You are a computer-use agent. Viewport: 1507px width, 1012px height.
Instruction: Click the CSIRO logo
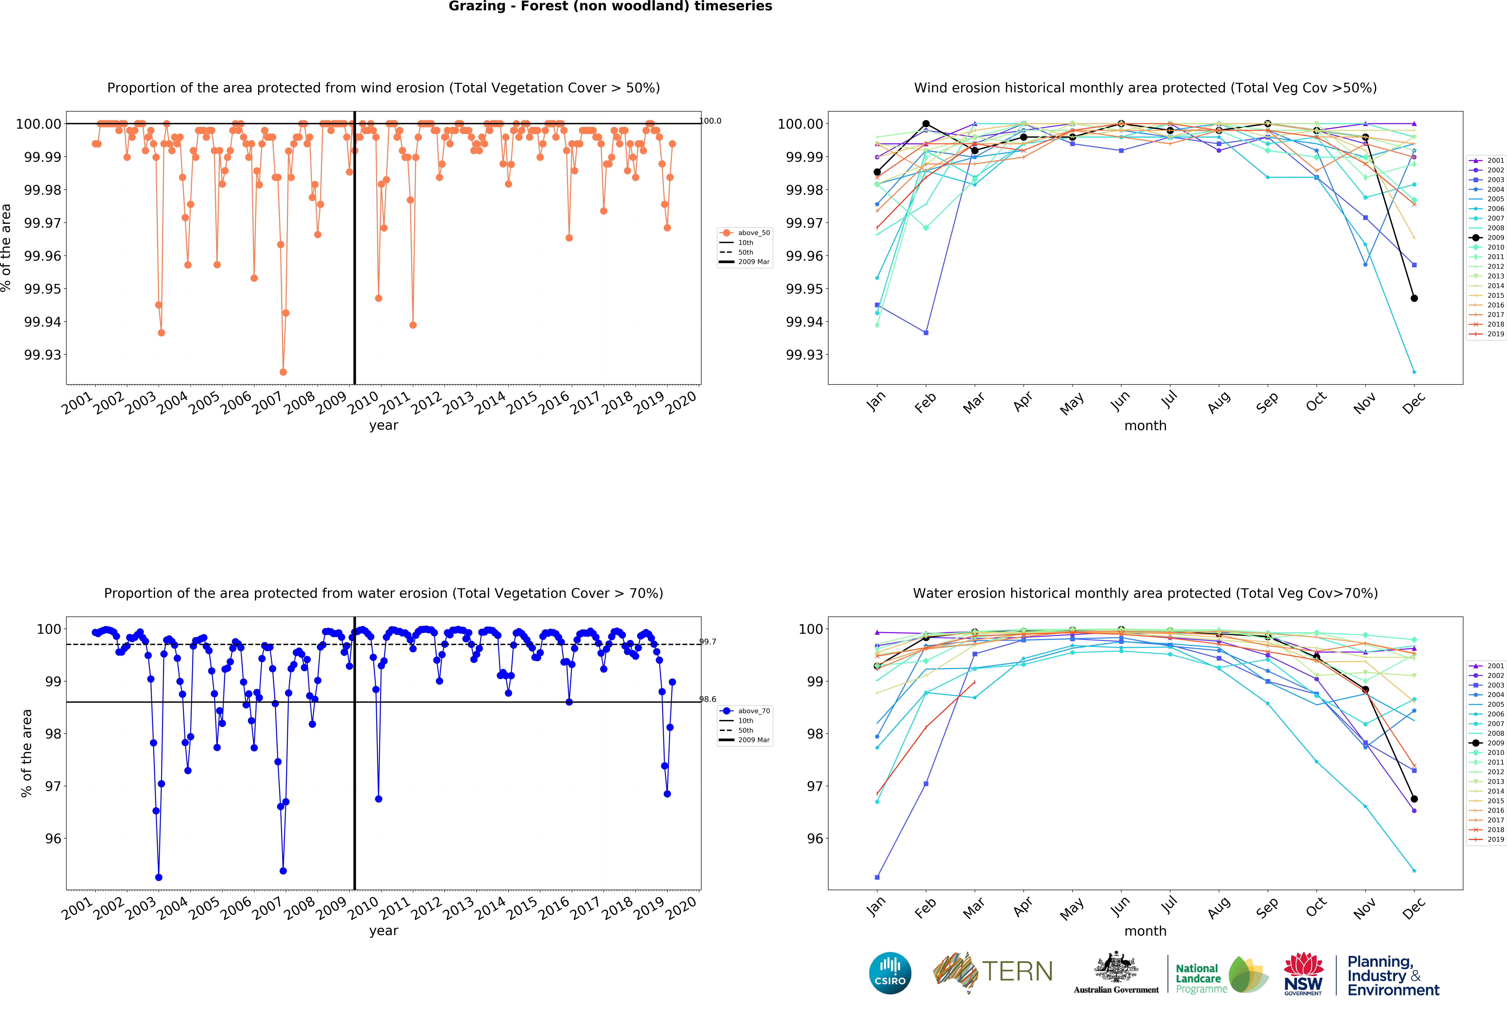[890, 973]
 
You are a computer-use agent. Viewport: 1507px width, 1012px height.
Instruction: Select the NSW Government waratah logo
[1303, 973]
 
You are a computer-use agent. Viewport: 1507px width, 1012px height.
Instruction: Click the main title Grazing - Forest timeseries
[610, 6]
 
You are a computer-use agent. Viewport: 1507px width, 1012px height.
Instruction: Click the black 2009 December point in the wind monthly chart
[1414, 298]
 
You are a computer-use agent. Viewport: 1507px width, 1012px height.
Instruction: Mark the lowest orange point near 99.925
[283, 372]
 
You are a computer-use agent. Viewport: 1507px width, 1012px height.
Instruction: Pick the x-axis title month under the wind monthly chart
[1145, 425]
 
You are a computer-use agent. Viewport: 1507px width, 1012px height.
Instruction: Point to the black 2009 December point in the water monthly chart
[1414, 799]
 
